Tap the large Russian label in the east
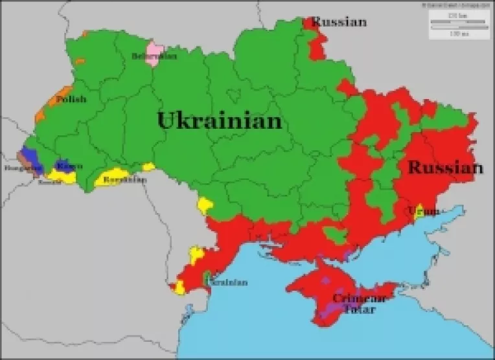coord(445,168)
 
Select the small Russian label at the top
coord(339,22)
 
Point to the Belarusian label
coord(154,56)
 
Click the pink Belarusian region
coord(155,49)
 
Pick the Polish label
coord(71,100)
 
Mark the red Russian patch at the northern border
coord(317,45)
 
